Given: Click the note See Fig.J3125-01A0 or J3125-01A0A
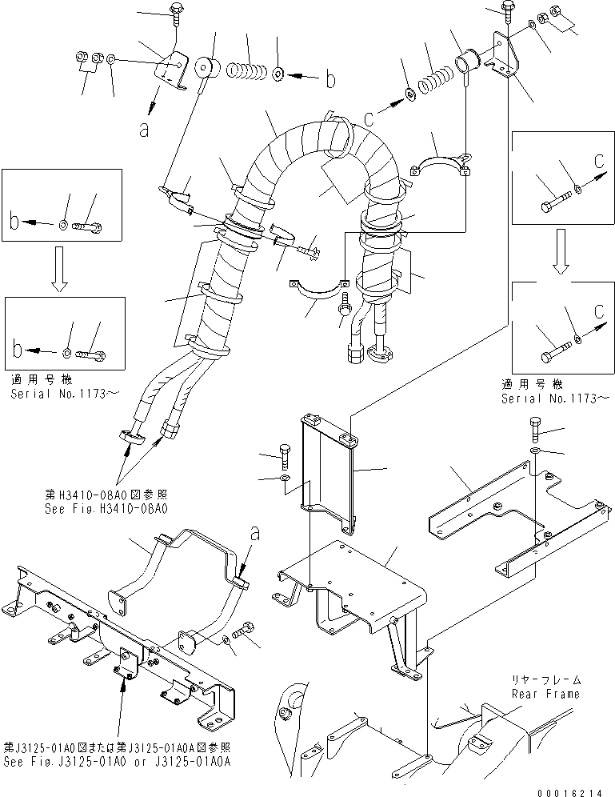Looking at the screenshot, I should point(119,762).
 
